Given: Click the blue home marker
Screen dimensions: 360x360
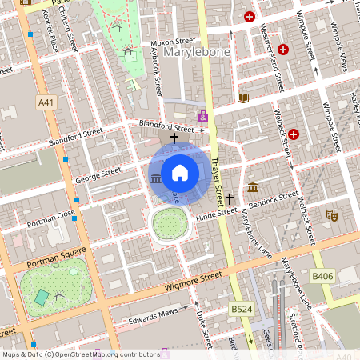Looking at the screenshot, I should (179, 172).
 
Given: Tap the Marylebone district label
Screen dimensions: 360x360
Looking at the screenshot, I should (197, 53).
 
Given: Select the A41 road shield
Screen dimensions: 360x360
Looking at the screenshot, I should (46, 102).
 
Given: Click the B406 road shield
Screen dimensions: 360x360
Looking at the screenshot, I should (322, 275).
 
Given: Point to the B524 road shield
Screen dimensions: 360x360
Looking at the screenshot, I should (239, 308).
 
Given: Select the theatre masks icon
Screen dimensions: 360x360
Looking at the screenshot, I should (331, 215).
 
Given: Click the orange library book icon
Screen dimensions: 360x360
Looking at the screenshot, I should (244, 98).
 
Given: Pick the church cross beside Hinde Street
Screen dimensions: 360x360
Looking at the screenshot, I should (230, 198).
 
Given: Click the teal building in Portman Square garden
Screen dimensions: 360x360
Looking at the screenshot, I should (42, 297).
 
